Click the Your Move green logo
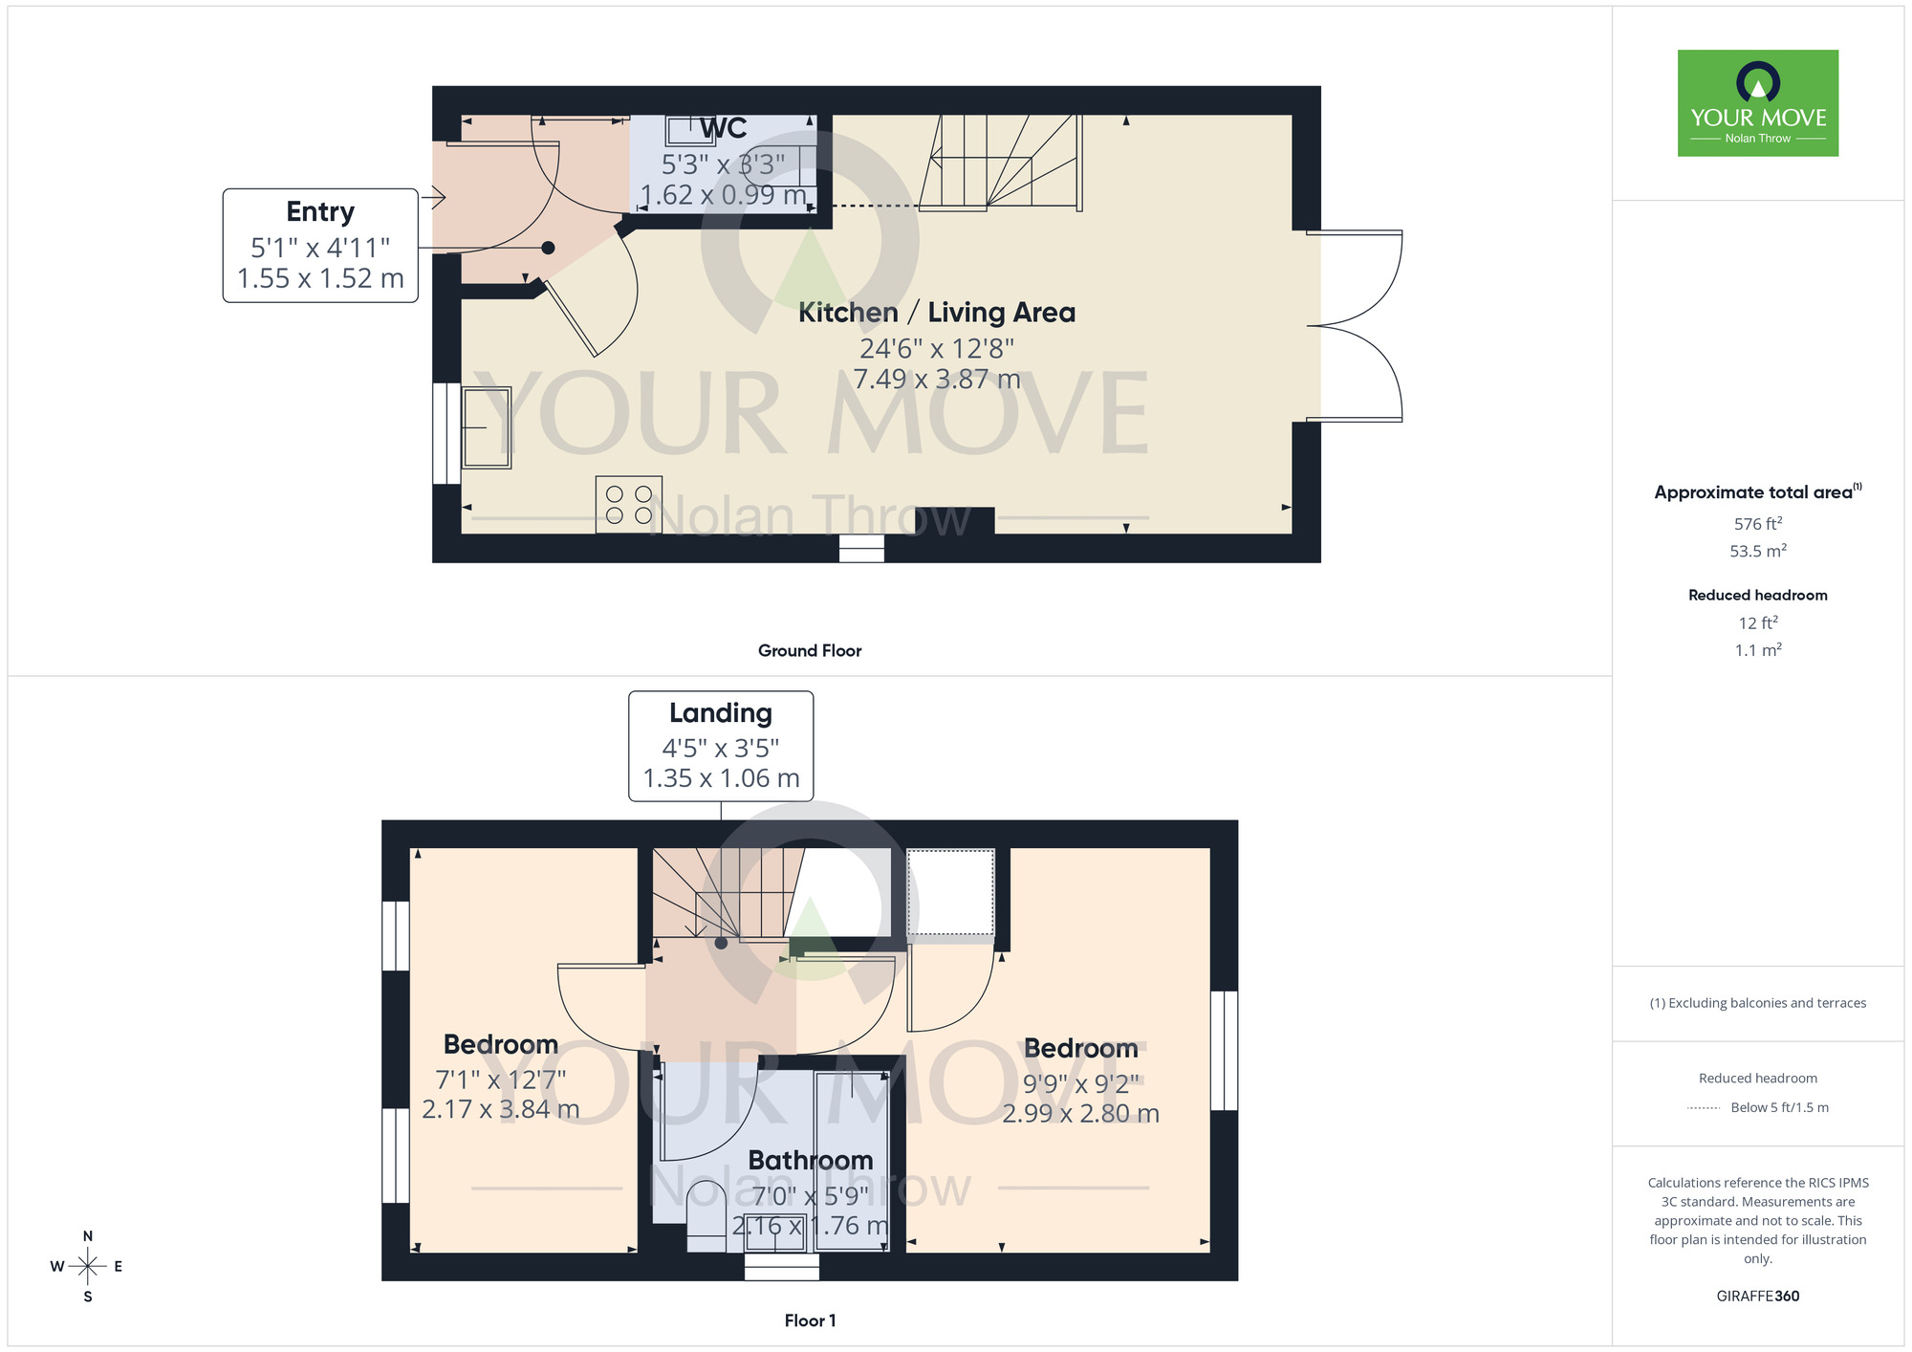[1757, 103]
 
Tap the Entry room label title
[320, 211]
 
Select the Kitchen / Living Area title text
[936, 313]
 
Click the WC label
[723, 129]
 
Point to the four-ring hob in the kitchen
[628, 505]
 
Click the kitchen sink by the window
[487, 427]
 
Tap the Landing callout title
[720, 713]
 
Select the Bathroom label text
[810, 1160]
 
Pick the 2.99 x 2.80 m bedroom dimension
[1080, 1114]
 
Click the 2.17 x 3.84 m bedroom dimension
[500, 1109]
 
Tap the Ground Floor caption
[809, 651]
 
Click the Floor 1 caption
[809, 1320]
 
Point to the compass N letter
[88, 1236]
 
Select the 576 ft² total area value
[1757, 524]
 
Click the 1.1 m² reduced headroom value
[1757, 650]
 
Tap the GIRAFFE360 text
[1757, 1297]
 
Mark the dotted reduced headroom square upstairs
[950, 892]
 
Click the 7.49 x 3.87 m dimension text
[936, 380]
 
